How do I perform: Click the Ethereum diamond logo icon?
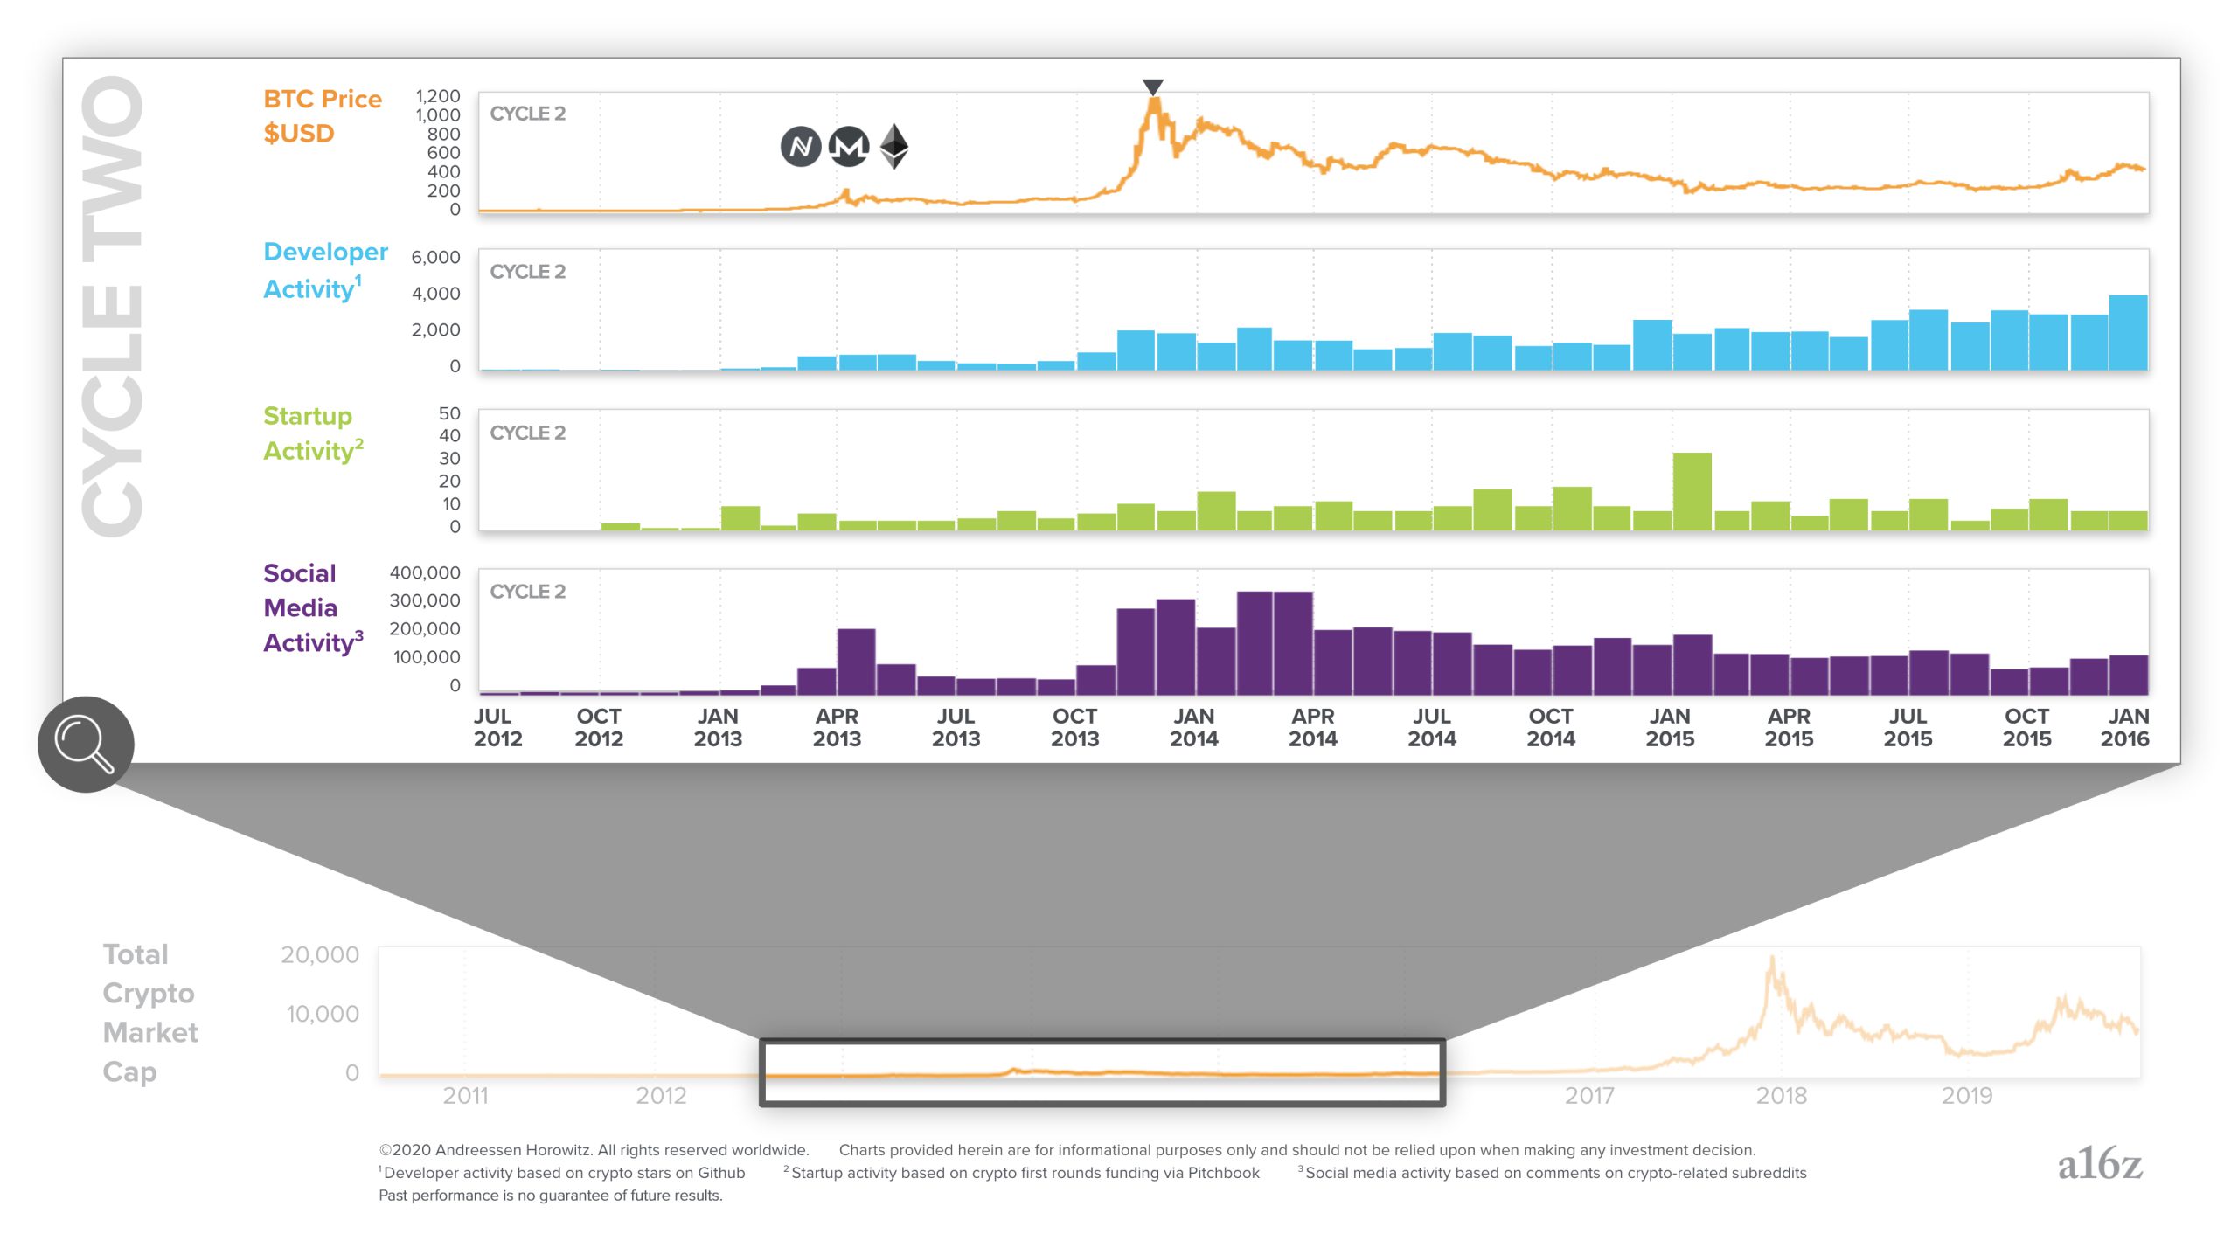[893, 146]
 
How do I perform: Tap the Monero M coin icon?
[848, 146]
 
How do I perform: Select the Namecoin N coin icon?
[800, 146]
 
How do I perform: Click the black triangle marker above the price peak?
[1153, 87]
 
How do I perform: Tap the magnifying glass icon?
[85, 745]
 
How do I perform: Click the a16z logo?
[2099, 1164]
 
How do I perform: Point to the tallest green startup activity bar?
[1692, 491]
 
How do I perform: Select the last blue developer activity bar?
[2128, 332]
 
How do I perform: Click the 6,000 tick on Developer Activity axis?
[435, 257]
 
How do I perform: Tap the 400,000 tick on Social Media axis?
[425, 572]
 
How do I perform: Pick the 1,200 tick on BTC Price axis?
[437, 96]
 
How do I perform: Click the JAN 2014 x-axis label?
[1193, 727]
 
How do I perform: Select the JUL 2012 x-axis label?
[497, 727]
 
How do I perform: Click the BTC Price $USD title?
[322, 115]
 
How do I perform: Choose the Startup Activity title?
[312, 433]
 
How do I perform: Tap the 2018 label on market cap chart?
[1781, 1095]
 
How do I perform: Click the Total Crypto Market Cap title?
[149, 1012]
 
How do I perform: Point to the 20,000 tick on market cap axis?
[320, 954]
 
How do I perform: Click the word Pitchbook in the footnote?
[1223, 1173]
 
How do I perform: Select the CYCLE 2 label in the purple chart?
[527, 592]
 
